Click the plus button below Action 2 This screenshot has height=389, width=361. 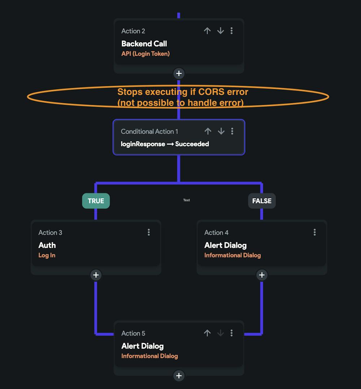point(179,74)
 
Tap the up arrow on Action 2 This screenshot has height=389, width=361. point(207,31)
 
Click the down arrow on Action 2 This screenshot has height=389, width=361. point(221,31)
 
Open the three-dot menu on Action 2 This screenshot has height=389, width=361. point(232,31)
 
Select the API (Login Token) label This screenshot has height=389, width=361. point(145,54)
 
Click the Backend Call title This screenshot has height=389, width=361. point(144,44)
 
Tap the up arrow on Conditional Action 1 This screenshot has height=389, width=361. point(208,131)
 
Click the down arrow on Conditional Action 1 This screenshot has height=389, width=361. point(221,131)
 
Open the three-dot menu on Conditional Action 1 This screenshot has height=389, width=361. point(232,131)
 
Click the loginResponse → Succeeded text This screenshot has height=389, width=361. point(165,144)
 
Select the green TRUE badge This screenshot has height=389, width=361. point(96,201)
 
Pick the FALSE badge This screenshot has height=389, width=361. point(262,201)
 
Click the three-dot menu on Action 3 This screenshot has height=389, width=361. point(149,232)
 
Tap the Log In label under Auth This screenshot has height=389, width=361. point(47,255)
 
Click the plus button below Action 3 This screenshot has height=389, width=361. point(96,275)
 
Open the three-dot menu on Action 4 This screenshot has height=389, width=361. point(315,232)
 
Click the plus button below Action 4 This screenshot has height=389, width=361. point(262,275)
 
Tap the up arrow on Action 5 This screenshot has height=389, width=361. point(207,333)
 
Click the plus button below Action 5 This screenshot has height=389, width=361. point(179,376)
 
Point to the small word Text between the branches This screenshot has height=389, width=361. point(186,200)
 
